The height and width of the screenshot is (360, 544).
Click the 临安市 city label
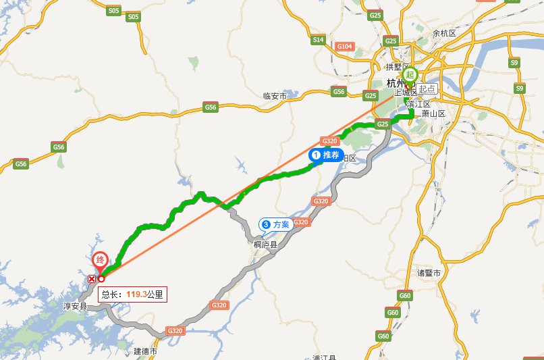pyautogui.click(x=275, y=97)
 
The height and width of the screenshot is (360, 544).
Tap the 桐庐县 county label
pyautogui.click(x=265, y=245)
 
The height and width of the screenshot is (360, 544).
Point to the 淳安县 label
pyautogui.click(x=76, y=306)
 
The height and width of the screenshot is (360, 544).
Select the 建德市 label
pyautogui.click(x=145, y=351)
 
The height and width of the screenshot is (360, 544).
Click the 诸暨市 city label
pyautogui.click(x=429, y=273)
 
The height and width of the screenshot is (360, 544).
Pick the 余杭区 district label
pyautogui.click(x=445, y=32)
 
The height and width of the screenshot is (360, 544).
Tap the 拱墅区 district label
pyautogui.click(x=398, y=67)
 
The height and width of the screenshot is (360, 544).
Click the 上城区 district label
pyautogui.click(x=405, y=93)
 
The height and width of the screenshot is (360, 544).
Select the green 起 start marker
pyautogui.click(x=412, y=76)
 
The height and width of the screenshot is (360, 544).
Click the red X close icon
pyautogui.click(x=92, y=278)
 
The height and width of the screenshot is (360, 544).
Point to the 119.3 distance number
pyautogui.click(x=136, y=294)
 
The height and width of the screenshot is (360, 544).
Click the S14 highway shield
pyautogui.click(x=319, y=41)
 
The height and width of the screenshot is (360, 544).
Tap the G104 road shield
pyautogui.click(x=344, y=46)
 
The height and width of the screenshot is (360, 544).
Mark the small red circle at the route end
pyautogui.click(x=101, y=278)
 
